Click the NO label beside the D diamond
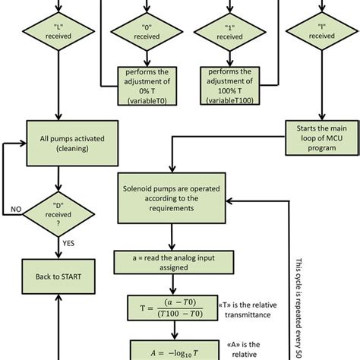[x=14, y=207]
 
